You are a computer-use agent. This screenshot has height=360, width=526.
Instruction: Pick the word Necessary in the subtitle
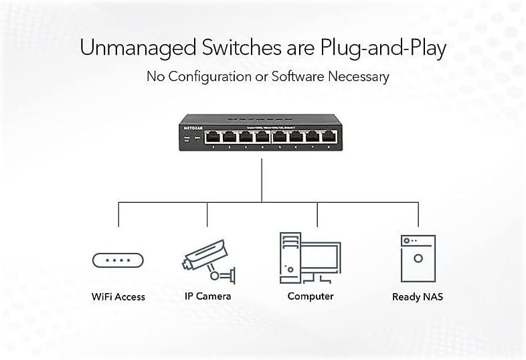(358, 76)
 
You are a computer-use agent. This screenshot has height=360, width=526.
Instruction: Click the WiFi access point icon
(118, 260)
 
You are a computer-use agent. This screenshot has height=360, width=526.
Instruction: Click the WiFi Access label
(118, 296)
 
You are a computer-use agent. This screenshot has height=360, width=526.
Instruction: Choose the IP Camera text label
(208, 296)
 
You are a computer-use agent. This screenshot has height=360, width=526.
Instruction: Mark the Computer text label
(311, 296)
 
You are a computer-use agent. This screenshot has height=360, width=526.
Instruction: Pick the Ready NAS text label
(418, 296)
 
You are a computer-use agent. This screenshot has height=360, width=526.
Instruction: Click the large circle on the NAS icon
(418, 258)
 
